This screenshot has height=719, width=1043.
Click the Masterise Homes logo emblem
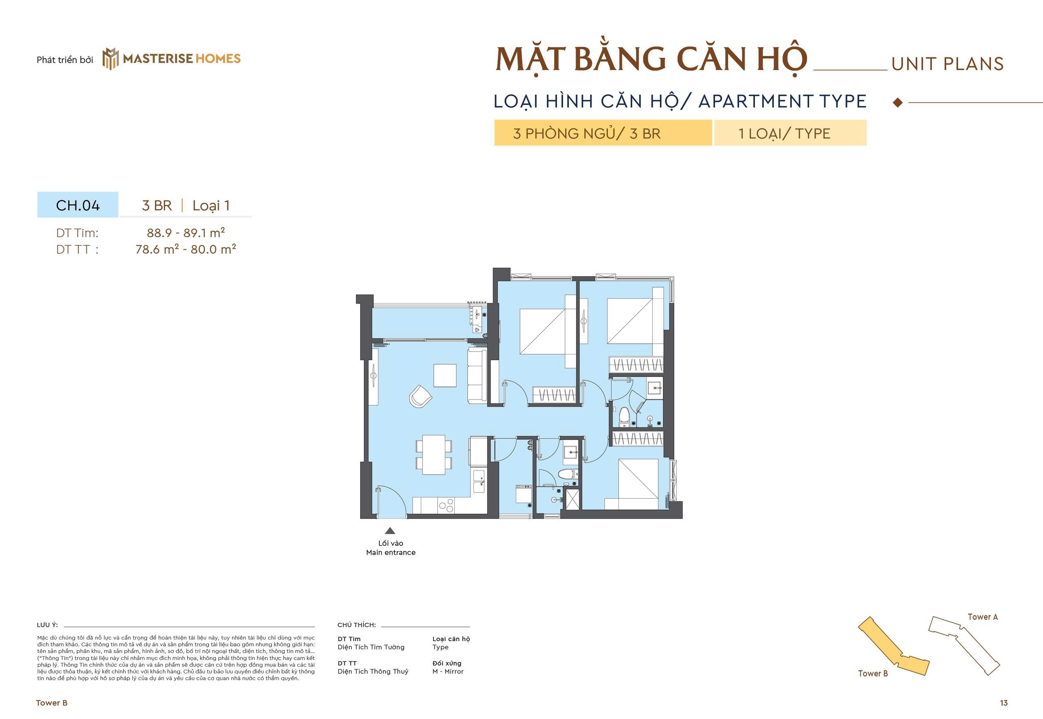110,59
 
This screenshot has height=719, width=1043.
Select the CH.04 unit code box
78,205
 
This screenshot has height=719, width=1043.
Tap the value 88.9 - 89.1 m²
186,233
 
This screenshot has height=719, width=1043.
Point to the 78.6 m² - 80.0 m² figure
186,249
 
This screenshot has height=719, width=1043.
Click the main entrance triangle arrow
390,531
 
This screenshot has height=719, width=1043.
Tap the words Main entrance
391,552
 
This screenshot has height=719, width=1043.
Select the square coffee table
444,375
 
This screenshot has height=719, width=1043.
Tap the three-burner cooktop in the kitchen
446,506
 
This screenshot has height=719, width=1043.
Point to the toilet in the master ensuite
625,416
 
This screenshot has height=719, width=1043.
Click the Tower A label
982,617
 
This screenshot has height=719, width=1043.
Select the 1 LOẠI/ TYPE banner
790,133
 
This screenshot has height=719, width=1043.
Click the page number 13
1003,703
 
